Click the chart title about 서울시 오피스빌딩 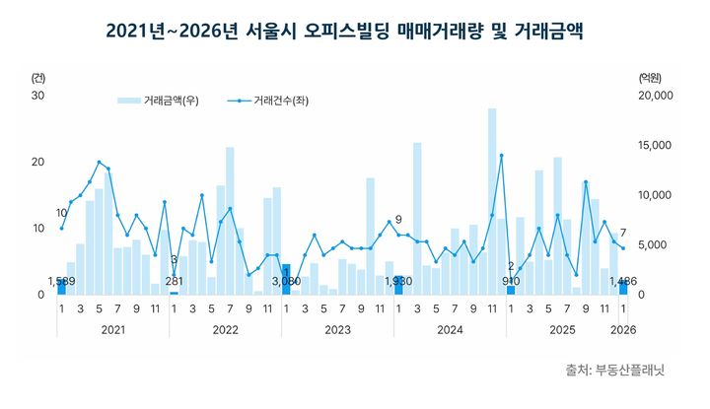[x=344, y=34]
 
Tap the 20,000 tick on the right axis [x=656, y=95]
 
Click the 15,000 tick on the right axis [x=656, y=145]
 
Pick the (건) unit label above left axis [x=38, y=76]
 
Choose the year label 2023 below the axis [x=339, y=329]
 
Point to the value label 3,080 [x=286, y=282]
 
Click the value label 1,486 [x=622, y=282]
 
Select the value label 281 [x=175, y=282]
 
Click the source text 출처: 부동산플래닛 [x=616, y=371]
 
